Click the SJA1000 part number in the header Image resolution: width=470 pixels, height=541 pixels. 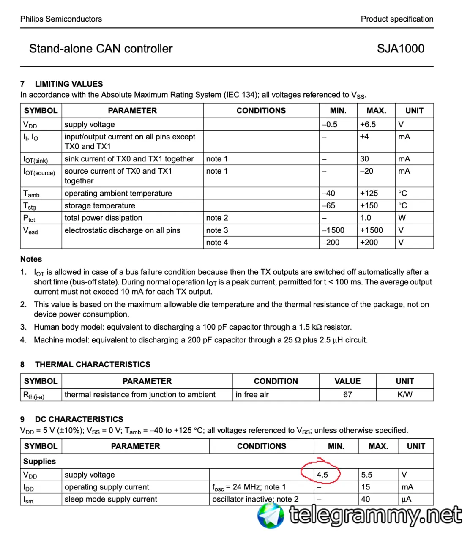[400, 49]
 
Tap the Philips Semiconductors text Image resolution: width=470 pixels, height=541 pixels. [61, 19]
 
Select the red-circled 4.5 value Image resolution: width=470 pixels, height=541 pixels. [322, 475]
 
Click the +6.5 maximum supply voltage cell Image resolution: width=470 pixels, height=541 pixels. [368, 124]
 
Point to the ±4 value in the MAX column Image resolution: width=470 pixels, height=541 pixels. [364, 137]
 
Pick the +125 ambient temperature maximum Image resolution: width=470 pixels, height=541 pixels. [369, 193]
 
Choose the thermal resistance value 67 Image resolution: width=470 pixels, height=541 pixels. [347, 394]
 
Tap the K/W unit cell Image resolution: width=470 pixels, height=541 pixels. [404, 394]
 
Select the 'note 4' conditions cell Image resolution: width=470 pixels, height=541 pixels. [217, 243]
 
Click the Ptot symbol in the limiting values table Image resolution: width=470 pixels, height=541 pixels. [29, 218]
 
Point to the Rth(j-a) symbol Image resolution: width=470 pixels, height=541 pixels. [34, 395]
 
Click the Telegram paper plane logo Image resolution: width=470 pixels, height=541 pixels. [271, 516]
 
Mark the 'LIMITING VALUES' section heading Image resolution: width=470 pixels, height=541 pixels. [69, 84]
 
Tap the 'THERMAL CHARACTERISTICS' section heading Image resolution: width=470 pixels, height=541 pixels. [93, 364]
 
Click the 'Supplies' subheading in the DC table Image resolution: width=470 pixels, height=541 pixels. [39, 461]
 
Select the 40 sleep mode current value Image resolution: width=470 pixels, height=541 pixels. [365, 499]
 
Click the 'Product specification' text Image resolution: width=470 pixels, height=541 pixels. [397, 19]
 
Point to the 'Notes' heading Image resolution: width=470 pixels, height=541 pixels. [31, 259]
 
